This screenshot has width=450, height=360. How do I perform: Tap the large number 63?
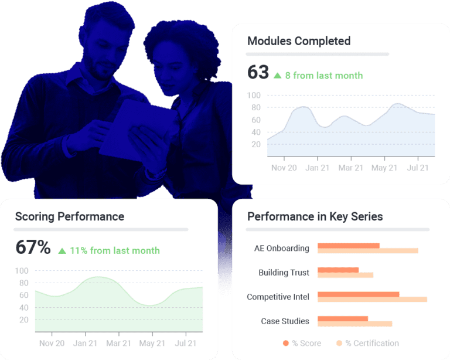[258, 72]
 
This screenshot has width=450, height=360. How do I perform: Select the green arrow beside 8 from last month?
[278, 74]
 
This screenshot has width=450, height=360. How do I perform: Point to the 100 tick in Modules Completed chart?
[254, 95]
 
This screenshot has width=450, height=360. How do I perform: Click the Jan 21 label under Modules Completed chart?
[317, 168]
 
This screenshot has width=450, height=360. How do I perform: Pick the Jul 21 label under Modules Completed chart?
[418, 168]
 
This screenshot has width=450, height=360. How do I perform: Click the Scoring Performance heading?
[69, 216]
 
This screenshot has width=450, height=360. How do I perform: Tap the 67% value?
[33, 247]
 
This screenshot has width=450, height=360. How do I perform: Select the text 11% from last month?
[115, 250]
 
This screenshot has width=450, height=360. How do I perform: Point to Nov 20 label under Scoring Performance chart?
[52, 343]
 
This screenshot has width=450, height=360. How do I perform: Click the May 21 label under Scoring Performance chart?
[152, 343]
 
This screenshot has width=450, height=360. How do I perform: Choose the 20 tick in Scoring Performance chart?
[24, 320]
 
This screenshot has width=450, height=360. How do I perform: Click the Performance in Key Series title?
[315, 216]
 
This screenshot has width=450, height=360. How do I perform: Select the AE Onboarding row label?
[282, 248]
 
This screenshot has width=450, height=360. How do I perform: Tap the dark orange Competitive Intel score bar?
[358, 294]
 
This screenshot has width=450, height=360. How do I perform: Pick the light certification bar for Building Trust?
[345, 275]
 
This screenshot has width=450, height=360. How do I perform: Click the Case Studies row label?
[285, 321]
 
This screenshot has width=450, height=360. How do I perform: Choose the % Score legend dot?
[286, 343]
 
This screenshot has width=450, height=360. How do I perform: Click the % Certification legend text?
[372, 343]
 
